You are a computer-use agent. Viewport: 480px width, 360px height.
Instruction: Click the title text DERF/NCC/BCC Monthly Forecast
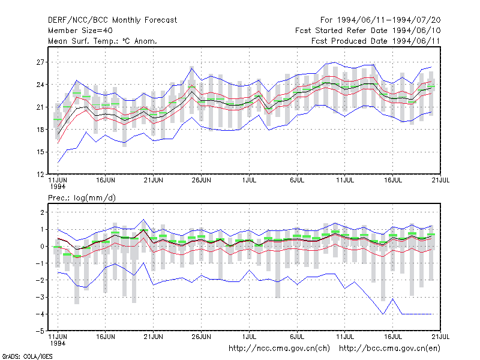[x=112, y=20]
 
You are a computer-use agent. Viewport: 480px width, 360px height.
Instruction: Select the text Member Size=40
[x=80, y=31]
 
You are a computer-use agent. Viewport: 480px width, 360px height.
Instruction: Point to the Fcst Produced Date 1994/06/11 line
[x=376, y=41]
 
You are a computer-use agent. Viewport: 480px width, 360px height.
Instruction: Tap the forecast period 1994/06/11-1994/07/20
[x=389, y=20]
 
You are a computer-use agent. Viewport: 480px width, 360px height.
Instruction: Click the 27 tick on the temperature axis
[x=40, y=62]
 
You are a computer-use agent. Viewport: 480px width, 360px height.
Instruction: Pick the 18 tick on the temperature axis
[x=40, y=130]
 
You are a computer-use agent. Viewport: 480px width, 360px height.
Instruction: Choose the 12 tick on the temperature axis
[x=40, y=175]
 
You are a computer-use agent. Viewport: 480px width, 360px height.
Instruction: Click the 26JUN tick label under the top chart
[x=201, y=181]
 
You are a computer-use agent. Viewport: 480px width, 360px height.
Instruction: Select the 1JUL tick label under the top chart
[x=249, y=181]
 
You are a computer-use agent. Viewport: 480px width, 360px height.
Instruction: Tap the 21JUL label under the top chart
[x=440, y=181]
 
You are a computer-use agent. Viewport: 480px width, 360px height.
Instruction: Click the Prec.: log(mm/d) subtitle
[x=82, y=198]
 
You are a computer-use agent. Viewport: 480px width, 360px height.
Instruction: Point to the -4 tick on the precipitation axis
[x=40, y=314]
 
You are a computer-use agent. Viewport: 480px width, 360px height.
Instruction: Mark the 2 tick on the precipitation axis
[x=42, y=212]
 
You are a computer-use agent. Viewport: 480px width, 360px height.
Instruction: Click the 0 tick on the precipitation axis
[x=42, y=247]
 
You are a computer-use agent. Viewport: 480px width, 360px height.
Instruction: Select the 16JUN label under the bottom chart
[x=106, y=337]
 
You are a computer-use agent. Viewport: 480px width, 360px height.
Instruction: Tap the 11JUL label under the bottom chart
[x=345, y=337]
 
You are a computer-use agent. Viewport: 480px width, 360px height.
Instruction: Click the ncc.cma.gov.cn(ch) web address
[x=279, y=349]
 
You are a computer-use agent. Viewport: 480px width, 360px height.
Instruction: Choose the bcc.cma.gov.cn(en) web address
[x=389, y=349]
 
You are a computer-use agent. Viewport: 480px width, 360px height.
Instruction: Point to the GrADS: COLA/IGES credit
[x=27, y=356]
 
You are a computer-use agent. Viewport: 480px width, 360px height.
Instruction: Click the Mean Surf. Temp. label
[x=83, y=41]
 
